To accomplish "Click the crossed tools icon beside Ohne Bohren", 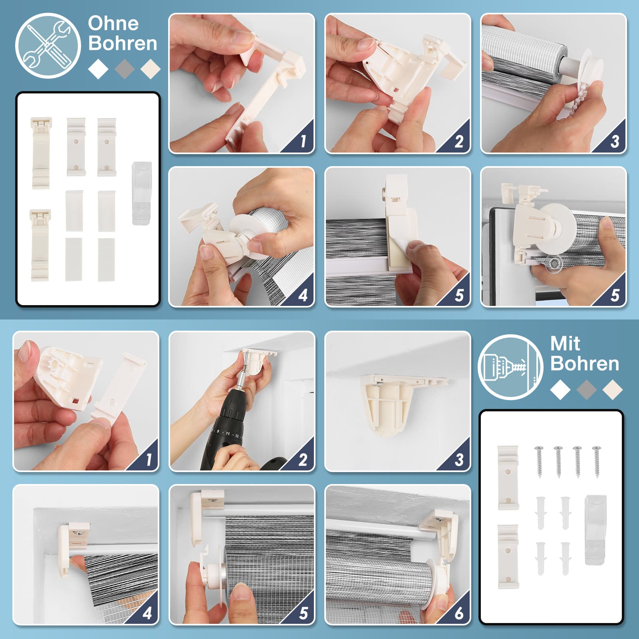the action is pos(48,46).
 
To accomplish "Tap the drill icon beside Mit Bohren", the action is pos(510,367).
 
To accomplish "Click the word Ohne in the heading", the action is pos(113,24).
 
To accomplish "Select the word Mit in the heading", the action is pos(565,343).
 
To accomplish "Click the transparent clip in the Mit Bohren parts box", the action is pos(595,530).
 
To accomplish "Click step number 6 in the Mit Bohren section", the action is pos(459,613).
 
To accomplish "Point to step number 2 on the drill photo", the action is pos(303,460).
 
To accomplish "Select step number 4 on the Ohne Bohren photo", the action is pos(303,295).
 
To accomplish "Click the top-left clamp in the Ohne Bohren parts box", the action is pos(41,152).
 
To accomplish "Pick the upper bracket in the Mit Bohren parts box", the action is pos(508,478).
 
